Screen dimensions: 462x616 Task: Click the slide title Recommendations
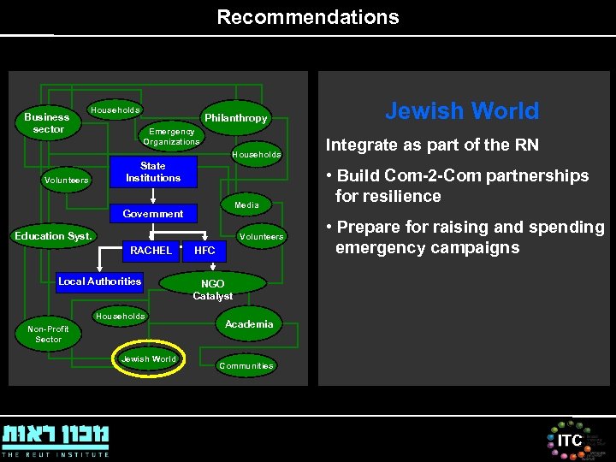click(x=308, y=17)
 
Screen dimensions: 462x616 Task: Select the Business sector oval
click(x=47, y=123)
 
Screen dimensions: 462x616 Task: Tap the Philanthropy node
click(x=235, y=118)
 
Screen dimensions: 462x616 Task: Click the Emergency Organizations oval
click(x=171, y=137)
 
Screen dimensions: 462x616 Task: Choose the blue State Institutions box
click(x=153, y=172)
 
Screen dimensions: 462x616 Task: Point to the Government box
click(x=153, y=214)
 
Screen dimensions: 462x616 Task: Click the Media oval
click(x=246, y=205)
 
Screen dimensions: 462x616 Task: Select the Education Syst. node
click(x=53, y=236)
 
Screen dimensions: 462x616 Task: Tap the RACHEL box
click(x=151, y=251)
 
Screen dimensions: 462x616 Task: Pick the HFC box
click(x=205, y=251)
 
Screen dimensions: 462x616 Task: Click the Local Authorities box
click(x=99, y=281)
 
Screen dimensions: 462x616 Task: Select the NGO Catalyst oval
click(x=213, y=288)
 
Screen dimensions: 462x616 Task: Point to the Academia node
click(x=249, y=324)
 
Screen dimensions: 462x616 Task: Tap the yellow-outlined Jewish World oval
click(x=148, y=359)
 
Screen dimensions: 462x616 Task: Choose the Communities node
click(x=246, y=366)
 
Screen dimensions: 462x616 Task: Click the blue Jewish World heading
click(x=462, y=111)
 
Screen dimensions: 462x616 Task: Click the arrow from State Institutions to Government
click(x=153, y=195)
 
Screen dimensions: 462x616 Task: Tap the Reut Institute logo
click(x=56, y=439)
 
